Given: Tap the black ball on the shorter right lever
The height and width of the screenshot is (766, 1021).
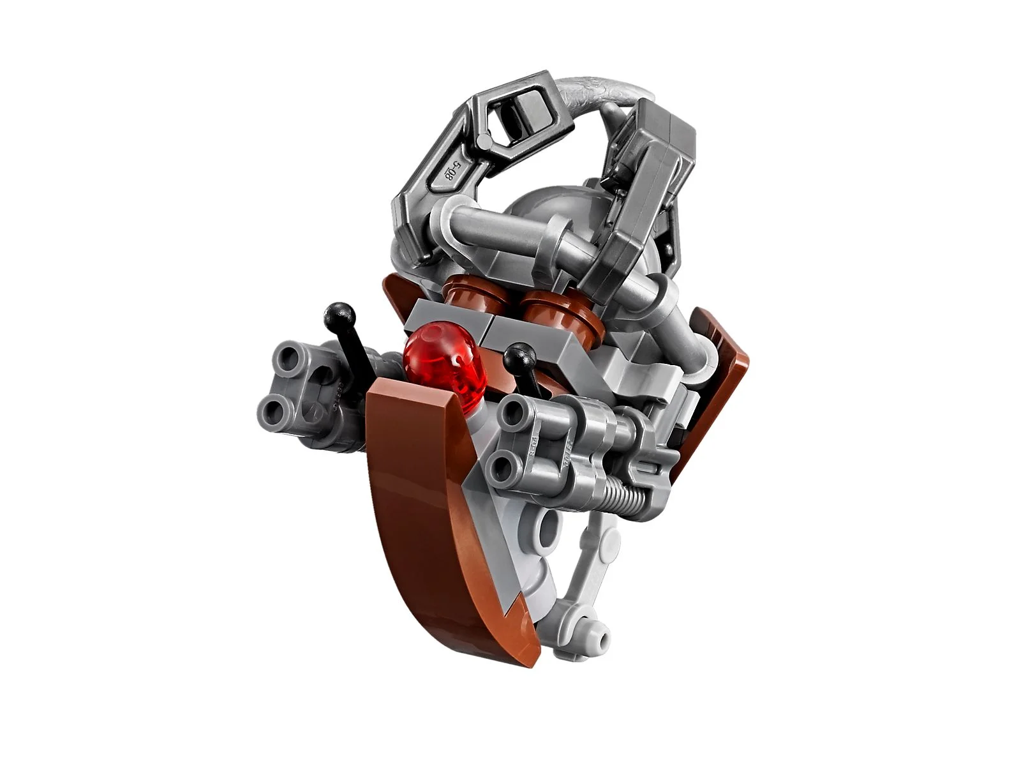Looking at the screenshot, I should click(519, 355).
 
